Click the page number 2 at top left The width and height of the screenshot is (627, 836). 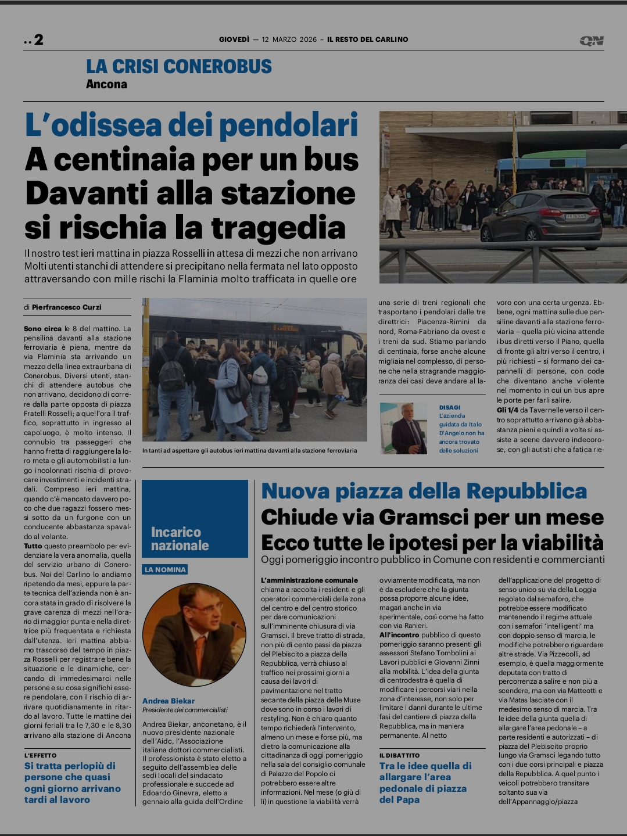click(38, 40)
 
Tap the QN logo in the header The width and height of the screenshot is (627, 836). click(592, 40)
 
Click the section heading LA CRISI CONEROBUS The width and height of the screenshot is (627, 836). click(178, 66)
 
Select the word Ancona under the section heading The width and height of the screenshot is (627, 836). click(106, 84)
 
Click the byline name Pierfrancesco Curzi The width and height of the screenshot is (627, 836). click(66, 307)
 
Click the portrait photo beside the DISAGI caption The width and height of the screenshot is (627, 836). click(403, 429)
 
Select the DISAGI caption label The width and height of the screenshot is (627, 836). click(450, 407)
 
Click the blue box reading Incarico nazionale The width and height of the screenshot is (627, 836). click(195, 519)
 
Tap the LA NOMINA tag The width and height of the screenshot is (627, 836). click(165, 569)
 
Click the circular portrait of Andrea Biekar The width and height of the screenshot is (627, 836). click(194, 634)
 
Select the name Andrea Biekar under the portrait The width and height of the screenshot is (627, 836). click(169, 701)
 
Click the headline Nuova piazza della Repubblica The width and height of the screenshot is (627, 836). click(424, 491)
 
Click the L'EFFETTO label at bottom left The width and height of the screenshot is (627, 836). click(41, 755)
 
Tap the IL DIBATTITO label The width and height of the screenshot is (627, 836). click(399, 755)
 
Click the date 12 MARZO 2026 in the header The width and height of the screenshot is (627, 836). click(289, 40)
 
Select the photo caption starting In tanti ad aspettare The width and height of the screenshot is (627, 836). click(249, 450)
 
